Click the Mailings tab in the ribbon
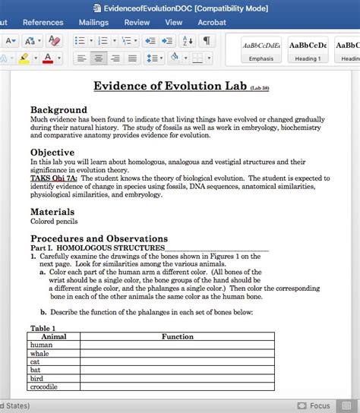tap(93, 23)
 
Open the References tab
tap(43, 23)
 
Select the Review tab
tap(137, 23)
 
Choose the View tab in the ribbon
tap(174, 23)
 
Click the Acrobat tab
tap(212, 23)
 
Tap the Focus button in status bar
tap(313, 405)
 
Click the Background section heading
tap(58, 110)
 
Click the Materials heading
tap(52, 212)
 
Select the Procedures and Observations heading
tap(99, 238)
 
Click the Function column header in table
tap(177, 336)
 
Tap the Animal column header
tap(54, 336)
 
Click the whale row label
tap(39, 353)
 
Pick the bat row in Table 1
tap(36, 370)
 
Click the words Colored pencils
tap(54, 222)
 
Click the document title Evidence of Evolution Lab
tap(170, 86)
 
